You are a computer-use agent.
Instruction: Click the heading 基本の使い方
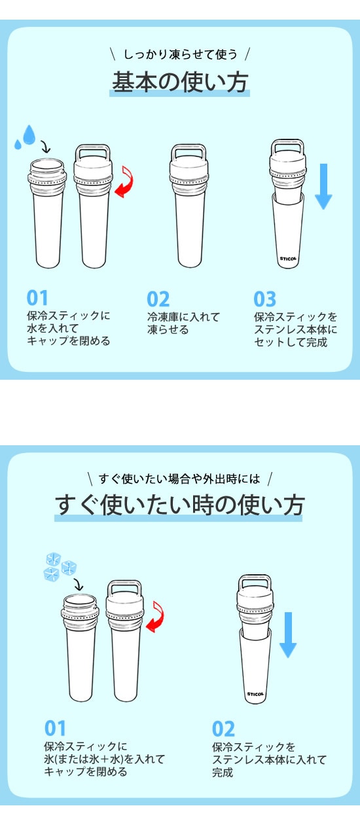[x=179, y=82]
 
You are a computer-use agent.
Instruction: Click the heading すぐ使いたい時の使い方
[x=179, y=505]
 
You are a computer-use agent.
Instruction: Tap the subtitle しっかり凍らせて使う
[x=180, y=54]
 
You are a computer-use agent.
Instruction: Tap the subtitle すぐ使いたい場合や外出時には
[x=179, y=479]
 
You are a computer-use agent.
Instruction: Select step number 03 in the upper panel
[x=264, y=299]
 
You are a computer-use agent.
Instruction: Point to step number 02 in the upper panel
[x=158, y=299]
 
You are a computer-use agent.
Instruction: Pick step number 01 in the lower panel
[x=55, y=728]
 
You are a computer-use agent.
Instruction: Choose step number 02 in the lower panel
[x=223, y=729]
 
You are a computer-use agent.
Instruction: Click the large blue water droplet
[x=29, y=134]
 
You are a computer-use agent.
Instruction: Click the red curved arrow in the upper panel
[x=125, y=181]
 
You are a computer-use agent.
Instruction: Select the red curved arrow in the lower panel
[x=156, y=617]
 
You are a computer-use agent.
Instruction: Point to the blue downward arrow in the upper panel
[x=323, y=187]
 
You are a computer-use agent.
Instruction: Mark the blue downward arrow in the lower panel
[x=288, y=634]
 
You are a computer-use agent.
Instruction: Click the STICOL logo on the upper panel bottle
[x=288, y=259]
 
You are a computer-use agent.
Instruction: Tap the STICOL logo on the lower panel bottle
[x=255, y=694]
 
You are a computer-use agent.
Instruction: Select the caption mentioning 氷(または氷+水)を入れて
[x=104, y=759]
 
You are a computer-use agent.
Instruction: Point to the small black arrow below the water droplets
[x=45, y=147]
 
